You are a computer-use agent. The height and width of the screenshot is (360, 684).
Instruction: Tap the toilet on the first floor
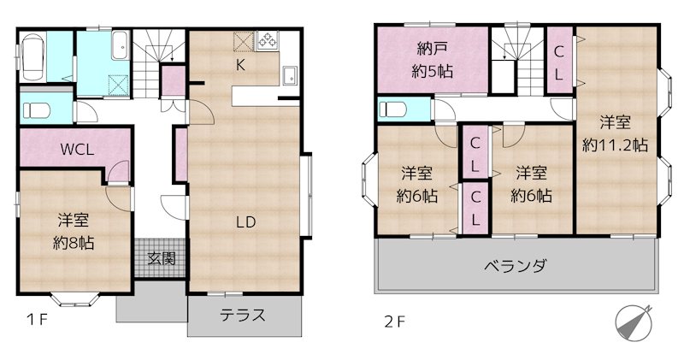[36, 109]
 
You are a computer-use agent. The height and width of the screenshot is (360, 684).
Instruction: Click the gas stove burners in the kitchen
[268, 39]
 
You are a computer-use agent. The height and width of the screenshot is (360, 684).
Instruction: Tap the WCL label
[76, 149]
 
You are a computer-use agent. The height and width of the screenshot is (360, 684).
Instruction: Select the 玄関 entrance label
[162, 257]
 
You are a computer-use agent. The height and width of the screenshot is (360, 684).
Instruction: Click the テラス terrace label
[243, 315]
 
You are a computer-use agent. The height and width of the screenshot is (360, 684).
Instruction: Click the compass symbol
[633, 322]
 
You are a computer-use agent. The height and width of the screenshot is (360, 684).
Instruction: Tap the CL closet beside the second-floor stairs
[557, 63]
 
